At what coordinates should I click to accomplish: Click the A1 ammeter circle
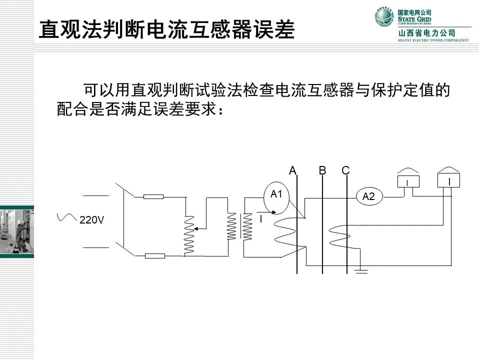tap(276, 194)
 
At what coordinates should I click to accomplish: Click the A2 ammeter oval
tap(368, 196)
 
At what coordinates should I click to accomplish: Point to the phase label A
tap(293, 170)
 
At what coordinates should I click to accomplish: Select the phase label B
tap(322, 170)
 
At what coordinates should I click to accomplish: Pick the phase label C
tap(345, 170)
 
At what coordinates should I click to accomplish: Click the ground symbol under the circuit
tap(361, 271)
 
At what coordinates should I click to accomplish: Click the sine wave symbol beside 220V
tap(66, 217)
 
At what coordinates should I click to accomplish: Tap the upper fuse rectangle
tap(153, 196)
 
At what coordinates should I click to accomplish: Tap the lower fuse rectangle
tap(154, 256)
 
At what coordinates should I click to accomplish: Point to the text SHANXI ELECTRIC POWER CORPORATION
tap(433, 40)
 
